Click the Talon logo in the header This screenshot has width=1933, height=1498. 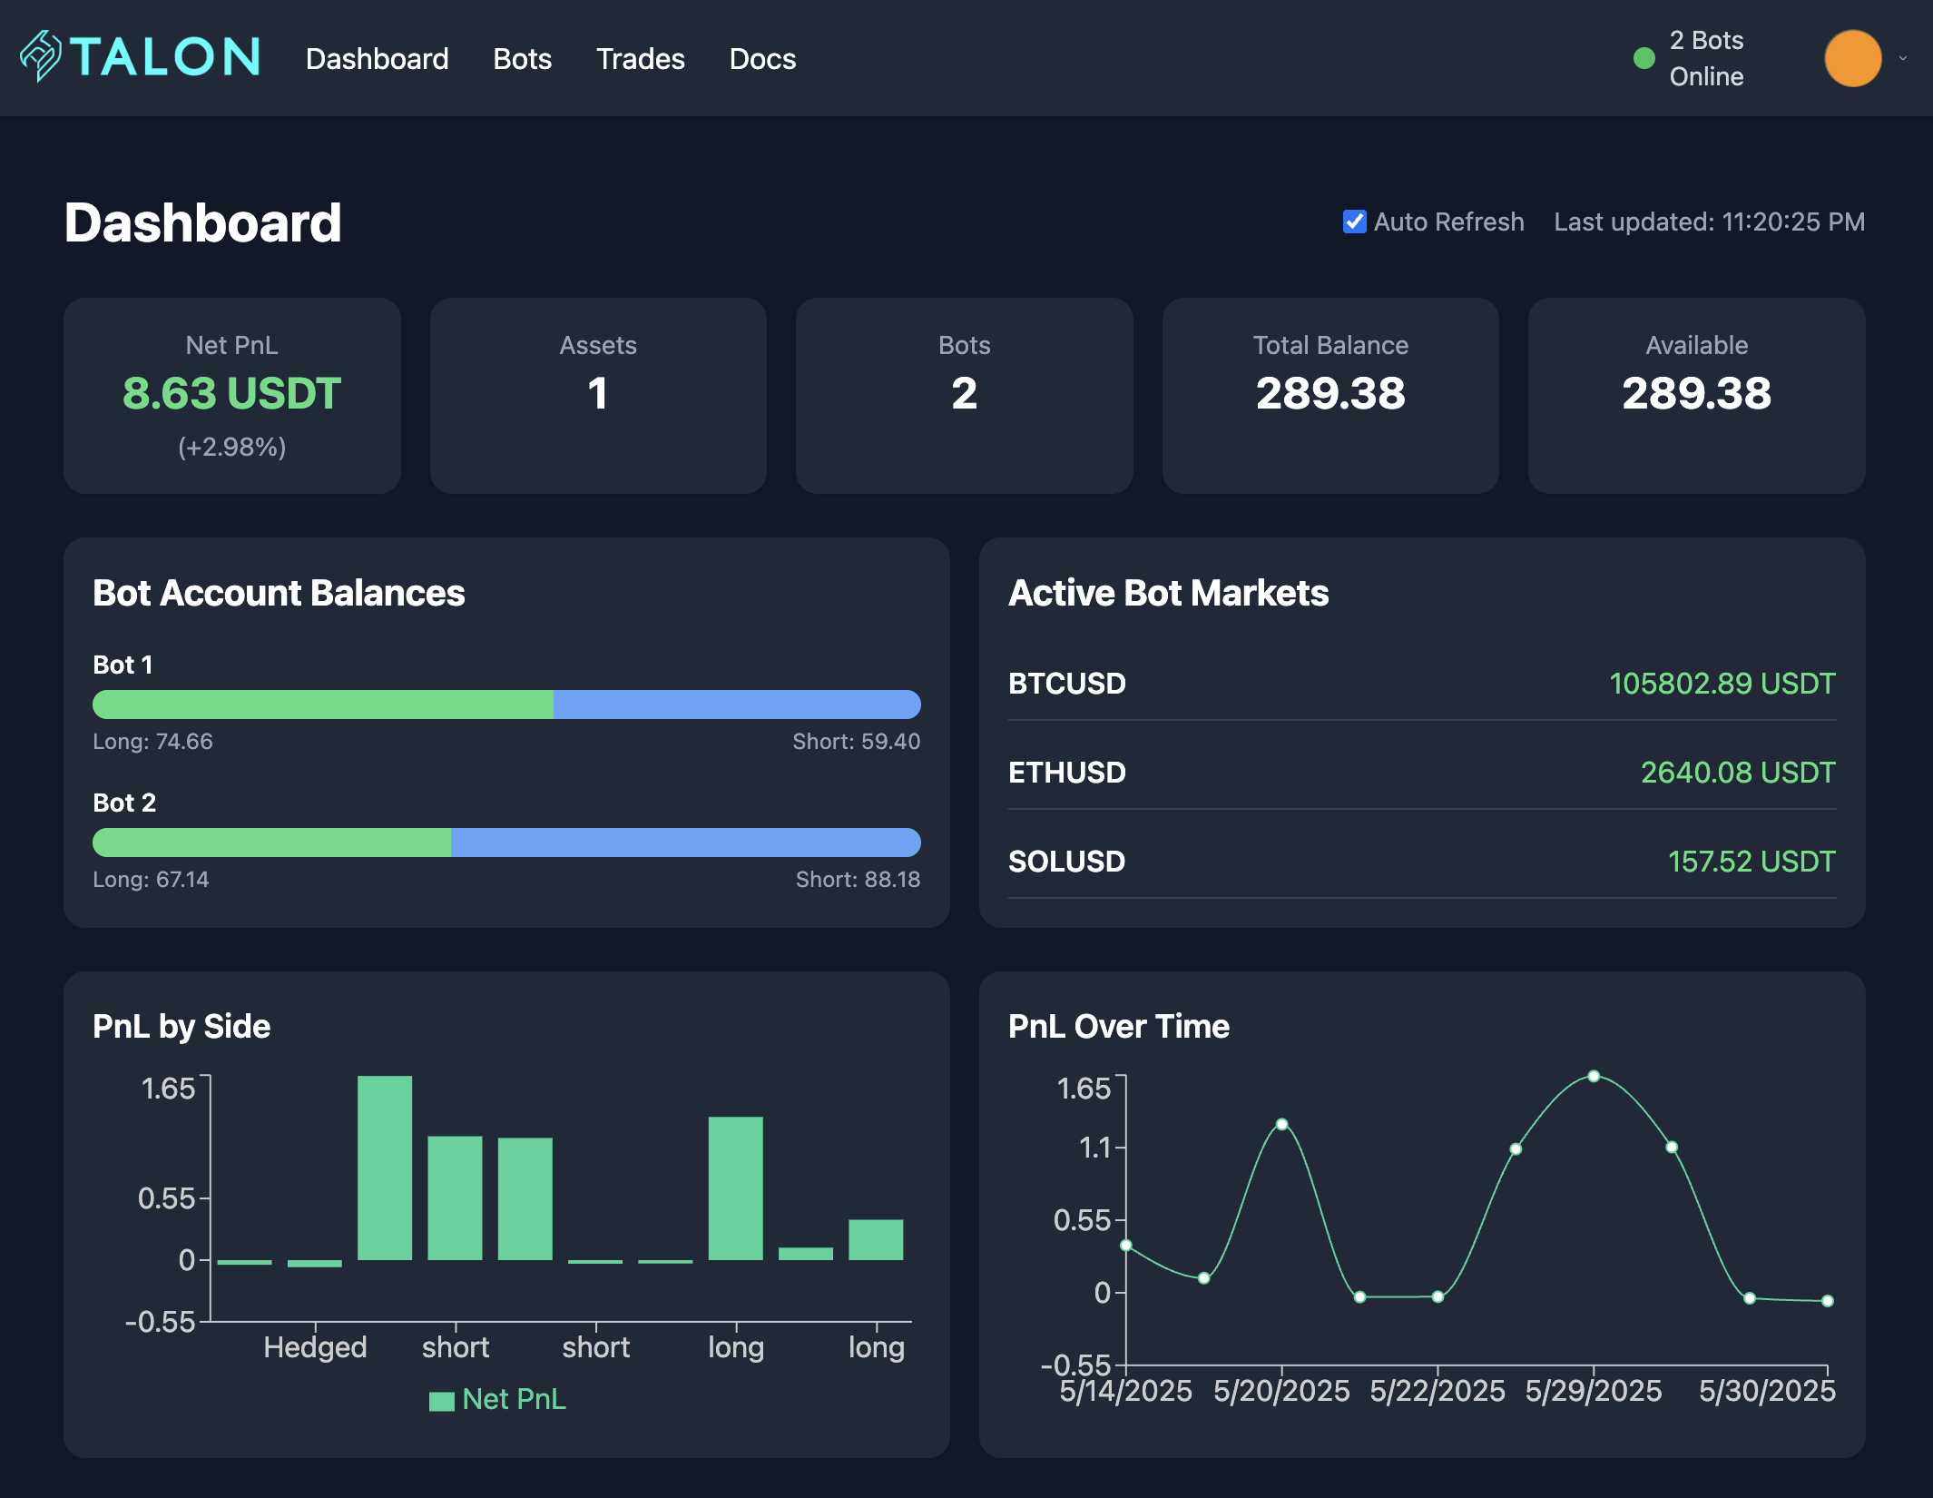[141, 56]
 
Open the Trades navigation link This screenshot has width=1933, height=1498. [640, 59]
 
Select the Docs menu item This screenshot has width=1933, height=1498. [762, 59]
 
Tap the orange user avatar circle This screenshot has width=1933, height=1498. [1852, 58]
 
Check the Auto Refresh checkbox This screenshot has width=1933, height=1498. [1354, 222]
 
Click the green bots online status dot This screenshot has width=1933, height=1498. [1644, 59]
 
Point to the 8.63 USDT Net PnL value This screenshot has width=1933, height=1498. [231, 393]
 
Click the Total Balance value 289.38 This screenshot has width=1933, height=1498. [1330, 393]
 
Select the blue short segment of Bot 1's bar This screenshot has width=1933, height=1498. [737, 705]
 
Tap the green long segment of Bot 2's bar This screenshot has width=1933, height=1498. [272, 843]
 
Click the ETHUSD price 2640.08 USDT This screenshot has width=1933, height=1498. [1737, 773]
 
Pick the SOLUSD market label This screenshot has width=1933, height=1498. [1066, 862]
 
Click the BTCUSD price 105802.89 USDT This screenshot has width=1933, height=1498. [1722, 684]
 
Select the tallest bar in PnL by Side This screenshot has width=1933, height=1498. [385, 1168]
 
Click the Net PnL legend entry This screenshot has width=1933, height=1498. [498, 1399]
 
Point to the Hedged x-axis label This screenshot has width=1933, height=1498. [315, 1347]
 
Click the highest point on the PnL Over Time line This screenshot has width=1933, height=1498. [1594, 1076]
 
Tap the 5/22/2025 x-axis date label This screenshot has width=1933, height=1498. [1437, 1391]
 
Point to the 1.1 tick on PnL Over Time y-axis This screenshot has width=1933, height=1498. [1094, 1148]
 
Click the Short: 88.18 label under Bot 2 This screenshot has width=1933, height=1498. [858, 879]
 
